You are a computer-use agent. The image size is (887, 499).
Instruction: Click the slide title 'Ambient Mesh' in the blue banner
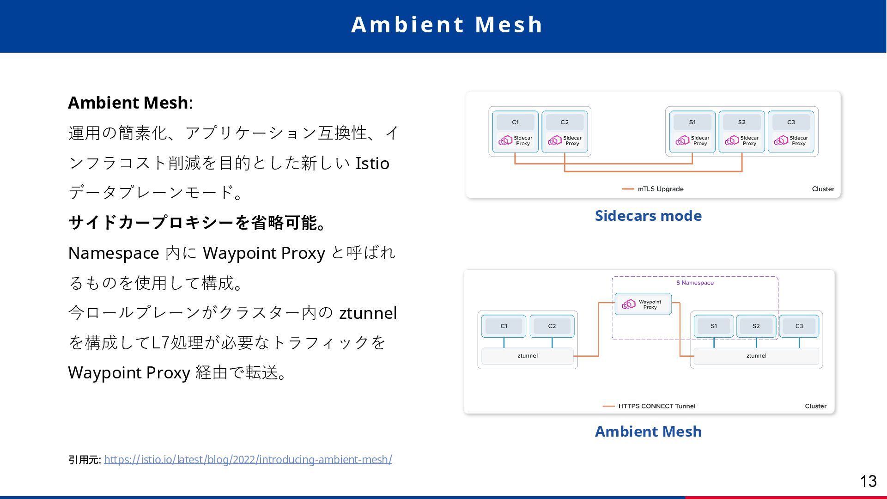pos(447,25)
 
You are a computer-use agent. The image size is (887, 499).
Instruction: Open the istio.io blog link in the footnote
pos(248,459)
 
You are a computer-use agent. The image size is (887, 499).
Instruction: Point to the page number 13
pos(868,481)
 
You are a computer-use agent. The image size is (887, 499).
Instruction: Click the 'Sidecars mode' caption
pos(648,216)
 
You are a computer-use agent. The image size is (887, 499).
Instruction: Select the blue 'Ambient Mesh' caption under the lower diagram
pos(648,432)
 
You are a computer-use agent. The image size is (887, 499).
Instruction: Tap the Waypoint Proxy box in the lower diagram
pos(643,304)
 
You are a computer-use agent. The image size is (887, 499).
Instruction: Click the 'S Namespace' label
pos(695,283)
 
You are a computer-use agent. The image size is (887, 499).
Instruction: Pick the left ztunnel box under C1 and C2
pos(528,356)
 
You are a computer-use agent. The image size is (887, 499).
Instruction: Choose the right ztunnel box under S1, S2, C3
pos(756,356)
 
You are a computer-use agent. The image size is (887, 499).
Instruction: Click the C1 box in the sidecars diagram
pos(515,122)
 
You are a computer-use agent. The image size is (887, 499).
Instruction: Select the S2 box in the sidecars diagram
pos(741,122)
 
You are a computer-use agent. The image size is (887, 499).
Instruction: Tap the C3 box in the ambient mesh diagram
pos(799,326)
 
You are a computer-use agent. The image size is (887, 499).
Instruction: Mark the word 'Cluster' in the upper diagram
pos(823,189)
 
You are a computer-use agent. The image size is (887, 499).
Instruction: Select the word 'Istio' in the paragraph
pos(372,164)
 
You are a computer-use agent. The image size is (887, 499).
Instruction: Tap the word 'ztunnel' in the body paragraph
pos(368,313)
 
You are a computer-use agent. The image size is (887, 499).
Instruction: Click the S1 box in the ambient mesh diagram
pos(714,326)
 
